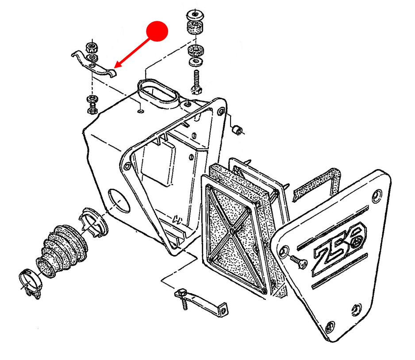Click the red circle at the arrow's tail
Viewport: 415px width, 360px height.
(157, 31)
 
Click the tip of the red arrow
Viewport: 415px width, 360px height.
(116, 67)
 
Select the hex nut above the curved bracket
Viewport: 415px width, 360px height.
(92, 48)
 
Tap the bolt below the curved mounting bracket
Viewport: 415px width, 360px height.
(92, 105)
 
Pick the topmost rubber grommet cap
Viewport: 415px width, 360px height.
(195, 15)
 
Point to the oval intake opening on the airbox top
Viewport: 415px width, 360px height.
(158, 93)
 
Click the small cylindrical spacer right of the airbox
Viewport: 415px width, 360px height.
(237, 130)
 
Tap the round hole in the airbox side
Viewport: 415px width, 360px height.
(119, 200)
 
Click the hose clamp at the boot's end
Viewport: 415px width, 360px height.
(30, 283)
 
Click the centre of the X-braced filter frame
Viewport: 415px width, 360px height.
(232, 232)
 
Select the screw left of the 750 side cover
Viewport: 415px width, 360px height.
(299, 261)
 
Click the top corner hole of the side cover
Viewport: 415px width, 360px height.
(377, 196)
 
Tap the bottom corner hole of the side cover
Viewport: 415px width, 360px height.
(330, 326)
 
